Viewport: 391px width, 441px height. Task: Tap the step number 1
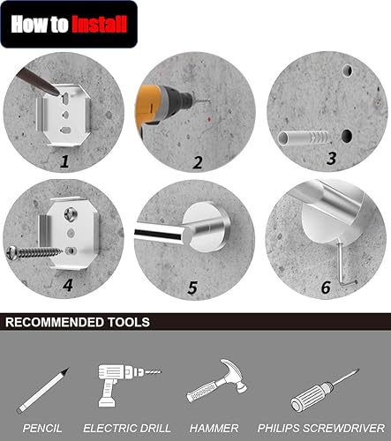(x=65, y=161)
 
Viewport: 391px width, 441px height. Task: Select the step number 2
(x=198, y=161)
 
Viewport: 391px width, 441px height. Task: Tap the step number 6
(x=326, y=288)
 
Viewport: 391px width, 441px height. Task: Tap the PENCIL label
(x=42, y=428)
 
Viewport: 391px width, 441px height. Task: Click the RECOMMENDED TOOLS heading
(x=78, y=322)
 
